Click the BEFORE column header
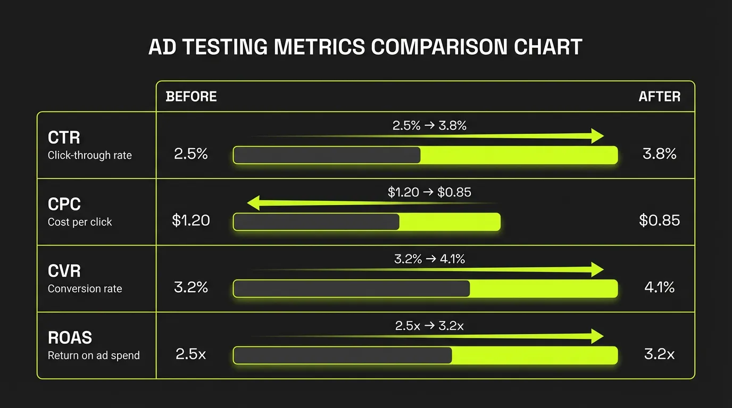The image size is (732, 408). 192,97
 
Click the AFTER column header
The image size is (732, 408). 659,97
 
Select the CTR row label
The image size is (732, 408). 64,138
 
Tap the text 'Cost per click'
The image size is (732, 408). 80,222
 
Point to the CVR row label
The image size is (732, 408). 64,271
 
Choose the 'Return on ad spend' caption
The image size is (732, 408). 94,355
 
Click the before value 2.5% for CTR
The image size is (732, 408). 191,155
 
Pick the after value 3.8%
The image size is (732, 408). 659,155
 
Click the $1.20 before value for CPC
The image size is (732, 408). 191,221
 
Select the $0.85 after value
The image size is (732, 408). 659,221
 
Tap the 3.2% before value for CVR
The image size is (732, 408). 191,288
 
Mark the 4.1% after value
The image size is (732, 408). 659,288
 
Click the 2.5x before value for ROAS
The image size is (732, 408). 191,354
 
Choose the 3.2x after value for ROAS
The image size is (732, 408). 659,354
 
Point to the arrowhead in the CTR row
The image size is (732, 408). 597,135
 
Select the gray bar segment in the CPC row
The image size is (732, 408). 317,222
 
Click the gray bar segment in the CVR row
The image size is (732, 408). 352,288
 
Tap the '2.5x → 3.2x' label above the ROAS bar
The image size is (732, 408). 429,326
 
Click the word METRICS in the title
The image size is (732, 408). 319,47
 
